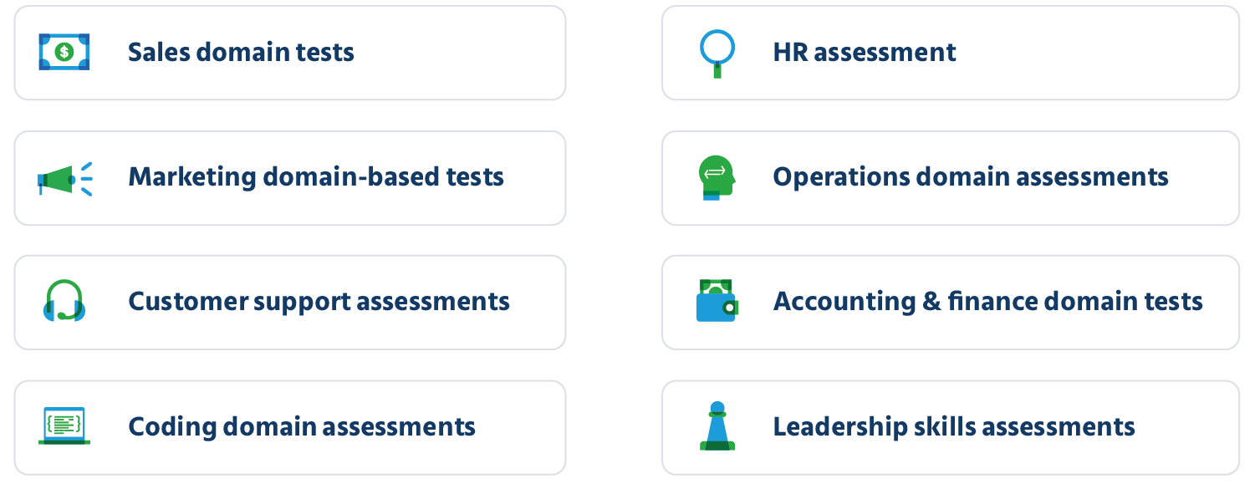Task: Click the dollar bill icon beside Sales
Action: point(64,52)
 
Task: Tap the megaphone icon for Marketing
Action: point(64,180)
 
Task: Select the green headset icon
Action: point(64,301)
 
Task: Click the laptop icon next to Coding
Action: point(64,425)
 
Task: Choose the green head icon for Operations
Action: point(717,178)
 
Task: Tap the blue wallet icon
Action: point(717,301)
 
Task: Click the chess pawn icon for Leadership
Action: point(717,425)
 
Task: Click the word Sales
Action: point(159,53)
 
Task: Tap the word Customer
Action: point(188,301)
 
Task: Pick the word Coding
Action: point(172,427)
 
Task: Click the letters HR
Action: point(790,53)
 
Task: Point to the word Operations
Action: point(841,178)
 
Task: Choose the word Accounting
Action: point(844,302)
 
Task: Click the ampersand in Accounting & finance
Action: point(931,301)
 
